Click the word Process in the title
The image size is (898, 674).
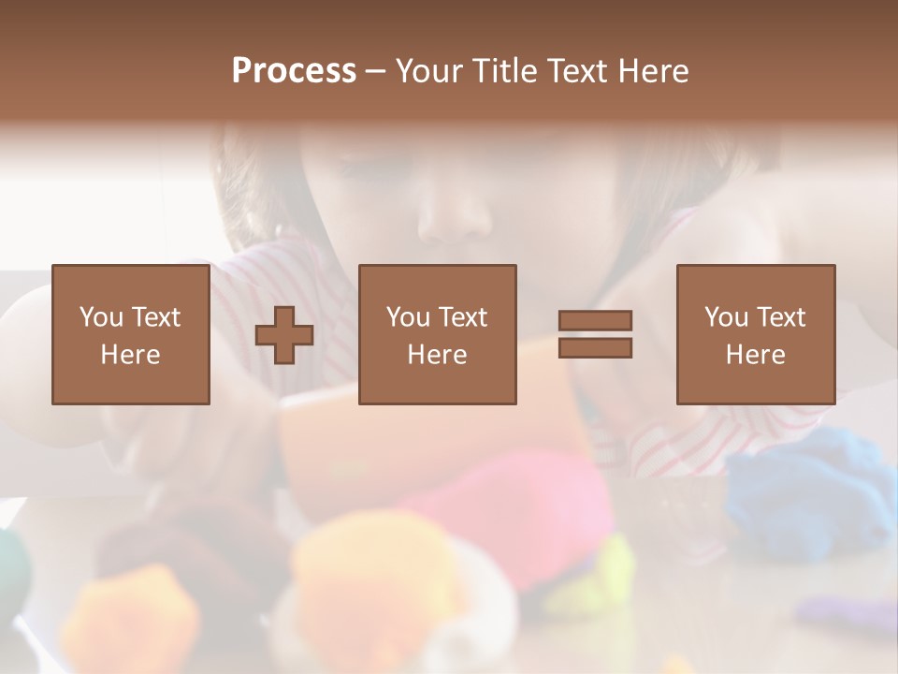coord(294,71)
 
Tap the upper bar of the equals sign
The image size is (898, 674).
coord(595,321)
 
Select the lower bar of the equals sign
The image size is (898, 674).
coord(595,347)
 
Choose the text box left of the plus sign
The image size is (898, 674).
coord(130,334)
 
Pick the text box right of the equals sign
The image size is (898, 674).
coord(755,334)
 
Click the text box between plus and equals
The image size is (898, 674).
coord(437,334)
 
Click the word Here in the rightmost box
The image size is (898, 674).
coord(755,355)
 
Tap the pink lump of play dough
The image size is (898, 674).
coord(524,505)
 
